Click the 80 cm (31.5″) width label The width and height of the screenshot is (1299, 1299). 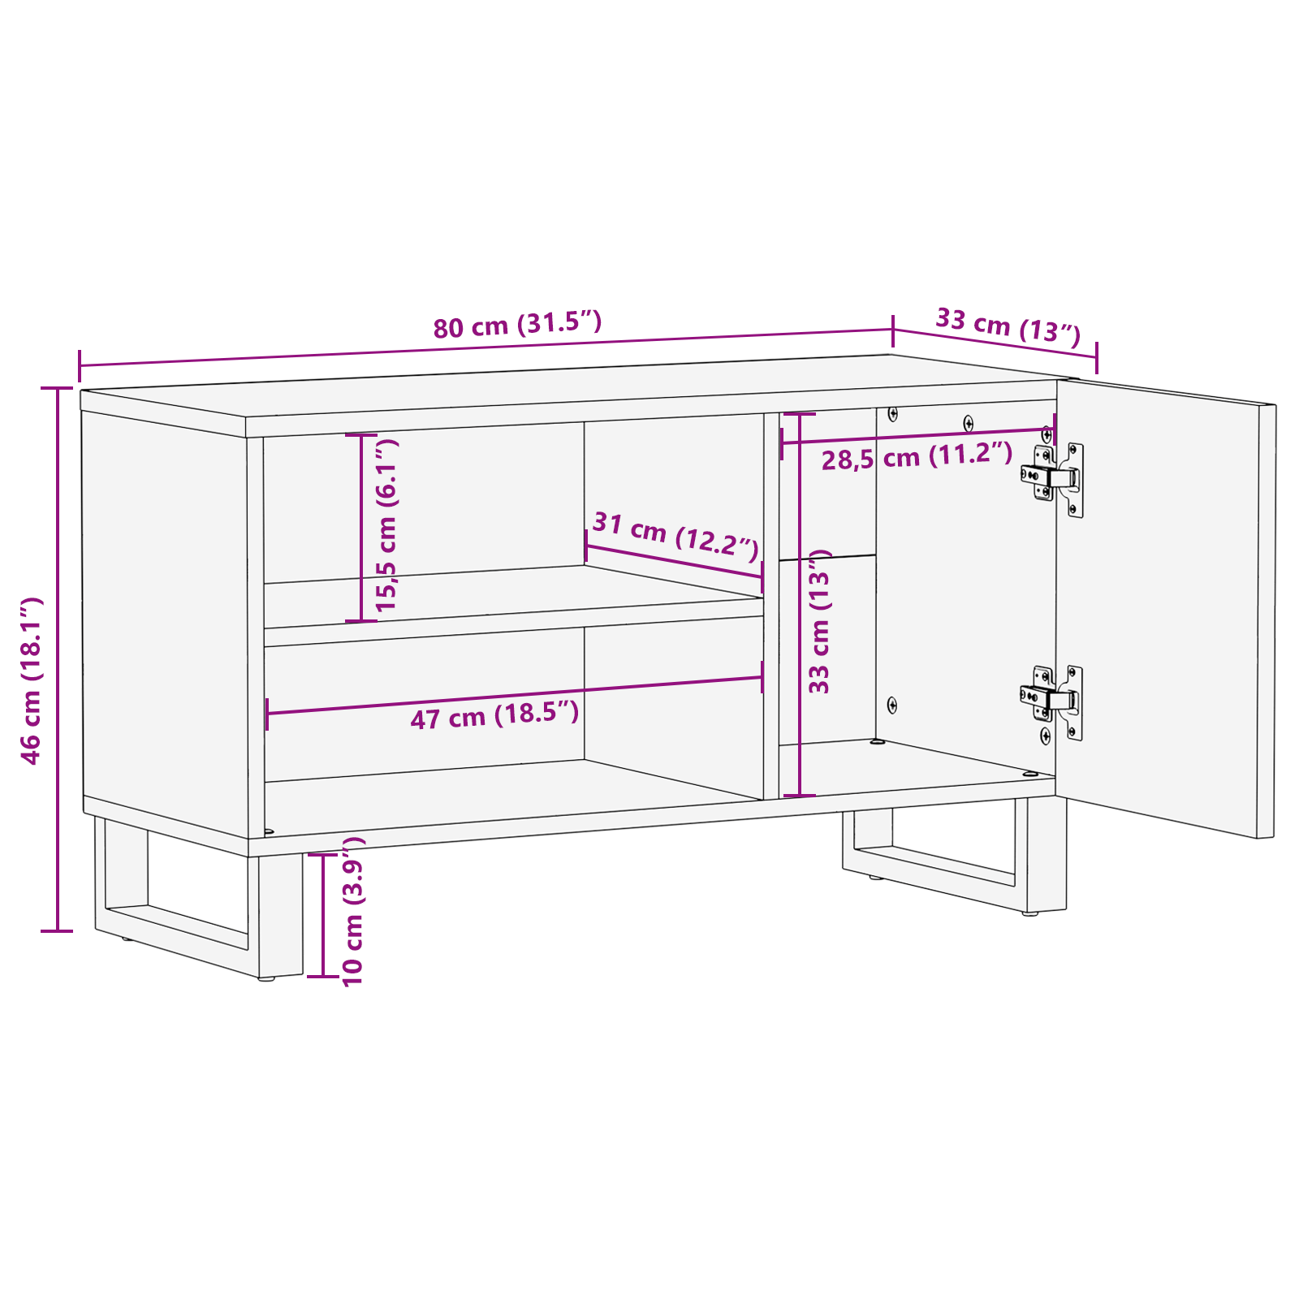click(x=517, y=325)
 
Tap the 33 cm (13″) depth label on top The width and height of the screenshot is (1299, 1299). click(x=1008, y=326)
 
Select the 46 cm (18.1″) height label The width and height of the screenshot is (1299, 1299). click(x=31, y=680)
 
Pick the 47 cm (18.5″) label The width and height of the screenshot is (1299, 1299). click(x=494, y=715)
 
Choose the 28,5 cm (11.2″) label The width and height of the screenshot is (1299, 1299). click(x=917, y=457)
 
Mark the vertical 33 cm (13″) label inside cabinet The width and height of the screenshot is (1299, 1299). click(x=819, y=621)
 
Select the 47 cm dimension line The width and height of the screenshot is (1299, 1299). click(x=515, y=695)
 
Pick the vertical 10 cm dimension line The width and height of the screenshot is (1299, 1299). click(x=323, y=915)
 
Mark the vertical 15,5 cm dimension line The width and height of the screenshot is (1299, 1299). click(x=361, y=528)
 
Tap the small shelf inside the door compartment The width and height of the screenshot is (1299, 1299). click(x=827, y=558)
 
